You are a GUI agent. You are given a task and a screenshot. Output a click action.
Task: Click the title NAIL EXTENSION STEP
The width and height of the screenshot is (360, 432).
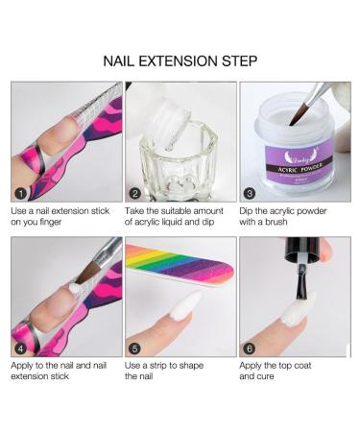(x=180, y=60)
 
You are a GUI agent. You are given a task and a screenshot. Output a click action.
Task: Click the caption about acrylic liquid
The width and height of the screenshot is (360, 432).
(x=178, y=216)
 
